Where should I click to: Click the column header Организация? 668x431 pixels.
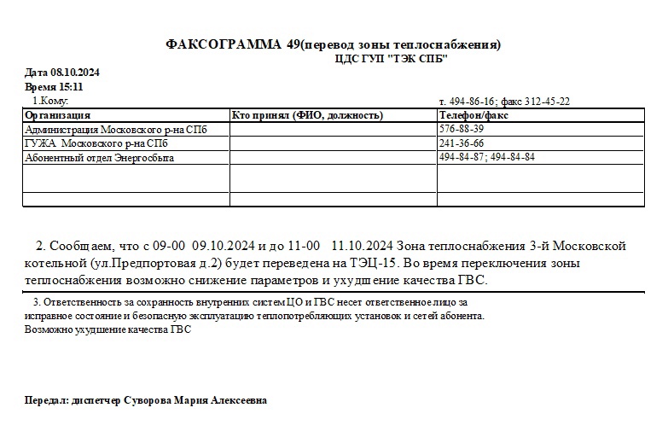(58, 115)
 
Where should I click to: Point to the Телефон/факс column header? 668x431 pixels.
(473, 115)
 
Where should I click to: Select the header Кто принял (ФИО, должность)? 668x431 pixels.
(307, 115)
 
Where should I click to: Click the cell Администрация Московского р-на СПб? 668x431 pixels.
(116, 129)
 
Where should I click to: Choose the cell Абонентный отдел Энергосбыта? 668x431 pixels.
(106, 158)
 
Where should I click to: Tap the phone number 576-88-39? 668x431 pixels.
(461, 129)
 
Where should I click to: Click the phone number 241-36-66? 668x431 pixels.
(461, 143)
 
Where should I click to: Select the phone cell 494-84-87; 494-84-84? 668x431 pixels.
(487, 158)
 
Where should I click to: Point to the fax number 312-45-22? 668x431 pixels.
(547, 102)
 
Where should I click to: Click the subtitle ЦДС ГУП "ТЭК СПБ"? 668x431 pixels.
(392, 58)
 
